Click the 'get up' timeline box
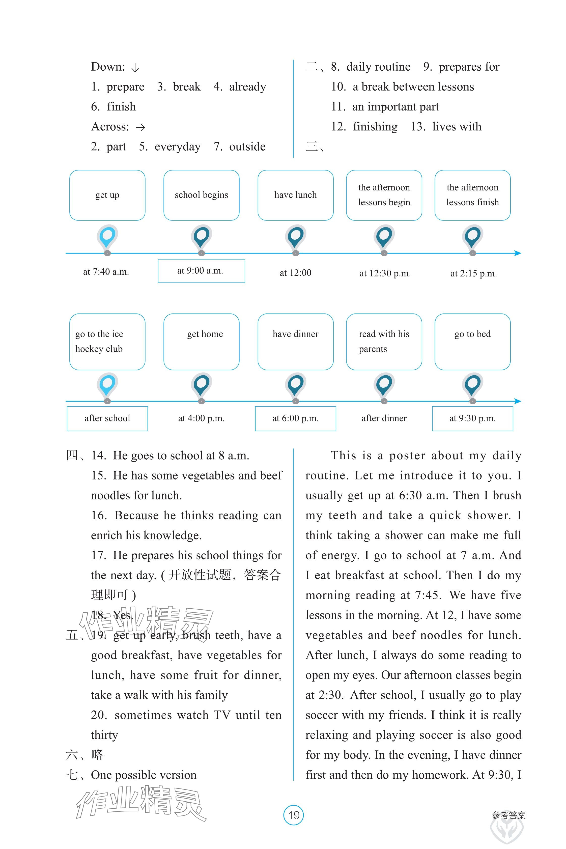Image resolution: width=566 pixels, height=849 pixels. tap(107, 195)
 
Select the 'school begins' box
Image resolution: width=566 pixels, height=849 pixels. tap(202, 195)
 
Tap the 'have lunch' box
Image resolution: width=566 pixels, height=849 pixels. tap(295, 195)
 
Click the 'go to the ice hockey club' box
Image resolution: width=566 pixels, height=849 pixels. tap(107, 342)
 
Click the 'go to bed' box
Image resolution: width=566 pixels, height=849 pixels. tap(472, 342)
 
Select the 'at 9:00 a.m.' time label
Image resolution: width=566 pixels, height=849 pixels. tap(201, 271)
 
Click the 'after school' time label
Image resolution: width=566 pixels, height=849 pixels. tap(107, 418)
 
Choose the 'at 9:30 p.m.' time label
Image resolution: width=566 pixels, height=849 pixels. tap(472, 418)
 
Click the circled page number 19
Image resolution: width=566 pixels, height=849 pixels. tap(294, 815)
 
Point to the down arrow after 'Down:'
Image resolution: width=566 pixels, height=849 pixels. tap(135, 68)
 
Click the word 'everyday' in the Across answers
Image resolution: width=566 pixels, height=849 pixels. tap(177, 147)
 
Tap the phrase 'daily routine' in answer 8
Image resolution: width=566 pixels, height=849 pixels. tap(378, 67)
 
